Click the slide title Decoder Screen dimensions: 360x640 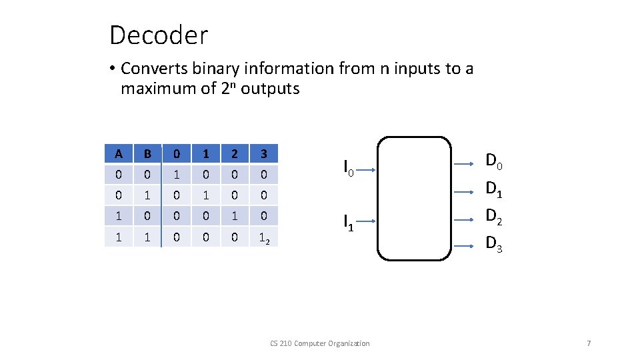pyautogui.click(x=159, y=35)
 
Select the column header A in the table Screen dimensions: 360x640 pyautogui.click(x=118, y=154)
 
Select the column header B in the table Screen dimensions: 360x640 pyautogui.click(x=147, y=154)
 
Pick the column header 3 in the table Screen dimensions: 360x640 pyautogui.click(x=264, y=154)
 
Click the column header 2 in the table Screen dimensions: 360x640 pyautogui.click(x=235, y=154)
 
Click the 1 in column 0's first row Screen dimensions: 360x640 pyautogui.click(x=176, y=175)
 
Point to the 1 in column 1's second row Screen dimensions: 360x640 pyautogui.click(x=205, y=196)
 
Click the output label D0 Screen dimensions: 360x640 pyautogui.click(x=494, y=161)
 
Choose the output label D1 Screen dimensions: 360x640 pyautogui.click(x=494, y=189)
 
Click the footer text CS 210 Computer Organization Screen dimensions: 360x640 pyautogui.click(x=319, y=343)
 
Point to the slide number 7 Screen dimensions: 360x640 pyautogui.click(x=588, y=343)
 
